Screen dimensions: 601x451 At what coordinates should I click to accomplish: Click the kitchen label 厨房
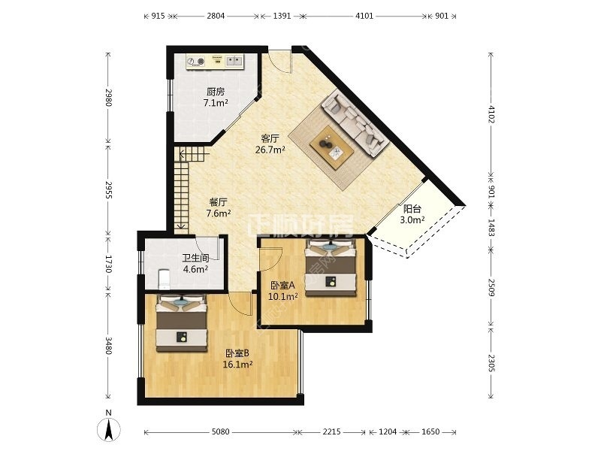(216, 92)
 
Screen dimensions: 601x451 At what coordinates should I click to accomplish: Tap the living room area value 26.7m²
(270, 150)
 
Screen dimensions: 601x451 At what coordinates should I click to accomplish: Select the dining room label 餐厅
(219, 202)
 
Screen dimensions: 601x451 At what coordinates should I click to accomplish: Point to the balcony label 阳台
(412, 209)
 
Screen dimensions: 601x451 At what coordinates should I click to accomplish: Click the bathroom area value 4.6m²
(195, 269)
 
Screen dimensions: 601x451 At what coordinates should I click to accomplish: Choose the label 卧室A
(283, 286)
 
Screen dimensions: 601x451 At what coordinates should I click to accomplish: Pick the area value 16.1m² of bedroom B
(237, 365)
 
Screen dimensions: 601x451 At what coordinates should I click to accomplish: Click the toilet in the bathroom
(165, 279)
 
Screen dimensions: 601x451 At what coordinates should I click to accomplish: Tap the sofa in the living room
(354, 123)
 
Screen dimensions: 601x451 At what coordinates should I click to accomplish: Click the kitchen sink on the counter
(234, 61)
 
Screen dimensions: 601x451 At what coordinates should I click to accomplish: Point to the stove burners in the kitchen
(195, 61)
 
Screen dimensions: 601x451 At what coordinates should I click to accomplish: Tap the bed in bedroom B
(182, 323)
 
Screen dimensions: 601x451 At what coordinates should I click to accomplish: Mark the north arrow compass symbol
(109, 429)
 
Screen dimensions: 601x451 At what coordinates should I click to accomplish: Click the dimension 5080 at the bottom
(221, 431)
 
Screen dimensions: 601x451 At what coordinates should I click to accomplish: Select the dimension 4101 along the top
(364, 16)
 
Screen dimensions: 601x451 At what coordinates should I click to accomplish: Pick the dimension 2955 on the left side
(108, 190)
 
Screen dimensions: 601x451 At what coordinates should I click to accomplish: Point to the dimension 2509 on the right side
(492, 287)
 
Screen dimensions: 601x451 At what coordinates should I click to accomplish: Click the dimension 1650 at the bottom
(430, 431)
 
